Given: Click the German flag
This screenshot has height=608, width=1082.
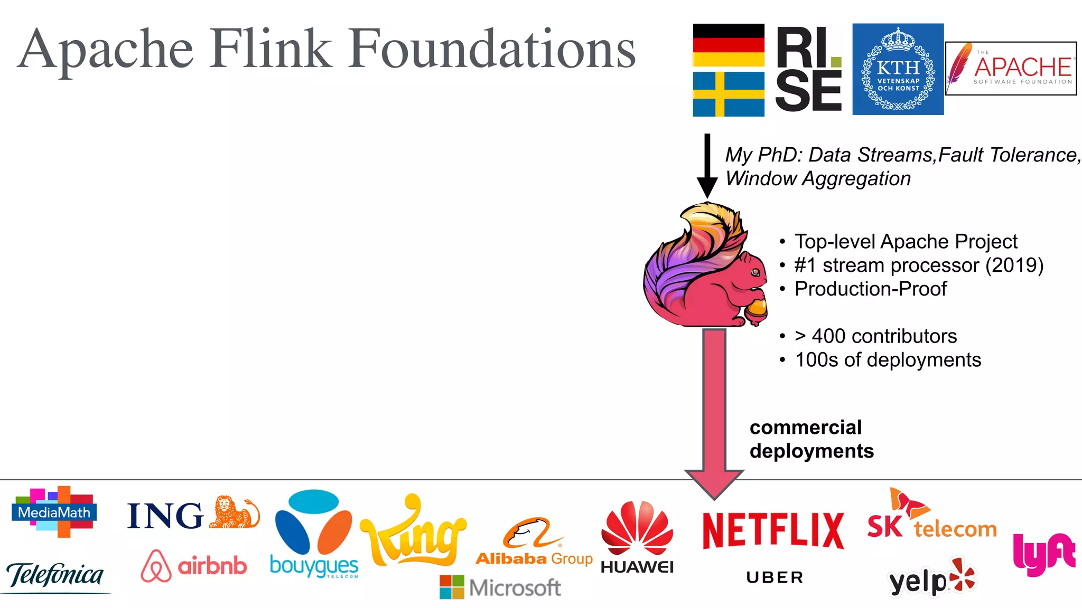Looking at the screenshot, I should click(728, 45).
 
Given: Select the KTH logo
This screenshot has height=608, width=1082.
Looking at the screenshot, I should click(898, 69).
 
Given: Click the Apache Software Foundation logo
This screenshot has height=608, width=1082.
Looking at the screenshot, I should click(1011, 69).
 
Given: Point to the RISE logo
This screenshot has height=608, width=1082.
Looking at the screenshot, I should click(808, 69).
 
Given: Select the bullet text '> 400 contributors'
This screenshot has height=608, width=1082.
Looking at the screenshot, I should click(875, 336).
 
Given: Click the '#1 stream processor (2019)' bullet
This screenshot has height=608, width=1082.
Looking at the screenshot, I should click(918, 265).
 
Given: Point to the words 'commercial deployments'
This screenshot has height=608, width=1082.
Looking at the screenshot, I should click(811, 439).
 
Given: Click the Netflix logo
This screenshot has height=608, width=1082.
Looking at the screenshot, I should click(773, 530).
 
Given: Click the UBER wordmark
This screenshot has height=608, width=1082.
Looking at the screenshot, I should click(775, 577).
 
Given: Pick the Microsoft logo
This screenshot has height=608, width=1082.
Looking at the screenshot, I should click(500, 587).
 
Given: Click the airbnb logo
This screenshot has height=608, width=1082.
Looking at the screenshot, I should click(194, 566).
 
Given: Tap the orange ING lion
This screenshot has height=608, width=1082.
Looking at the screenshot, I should click(234, 512).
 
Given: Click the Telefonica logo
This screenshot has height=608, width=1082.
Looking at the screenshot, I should click(55, 575).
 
